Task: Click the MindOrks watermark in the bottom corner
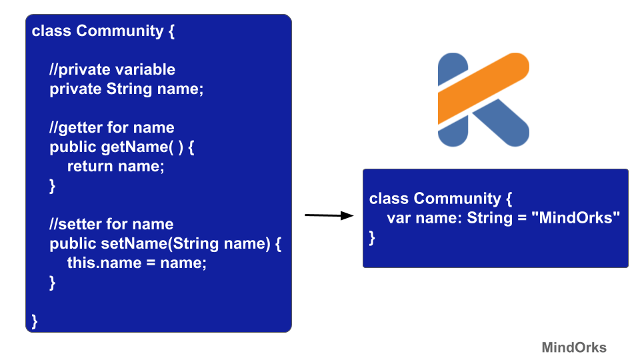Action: click(573, 347)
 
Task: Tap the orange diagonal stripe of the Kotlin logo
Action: click(483, 89)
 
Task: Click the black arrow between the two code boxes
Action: click(329, 215)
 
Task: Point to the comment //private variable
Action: click(112, 69)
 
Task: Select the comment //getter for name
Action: click(111, 127)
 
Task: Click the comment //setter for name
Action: click(111, 224)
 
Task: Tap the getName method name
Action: click(129, 147)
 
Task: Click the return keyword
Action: click(90, 166)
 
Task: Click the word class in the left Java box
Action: click(51, 31)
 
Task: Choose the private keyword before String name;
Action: click(75, 89)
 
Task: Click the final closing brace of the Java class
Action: click(35, 321)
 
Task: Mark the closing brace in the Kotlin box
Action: click(373, 237)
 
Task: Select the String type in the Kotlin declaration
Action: click(489, 218)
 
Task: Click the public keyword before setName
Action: click(73, 243)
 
